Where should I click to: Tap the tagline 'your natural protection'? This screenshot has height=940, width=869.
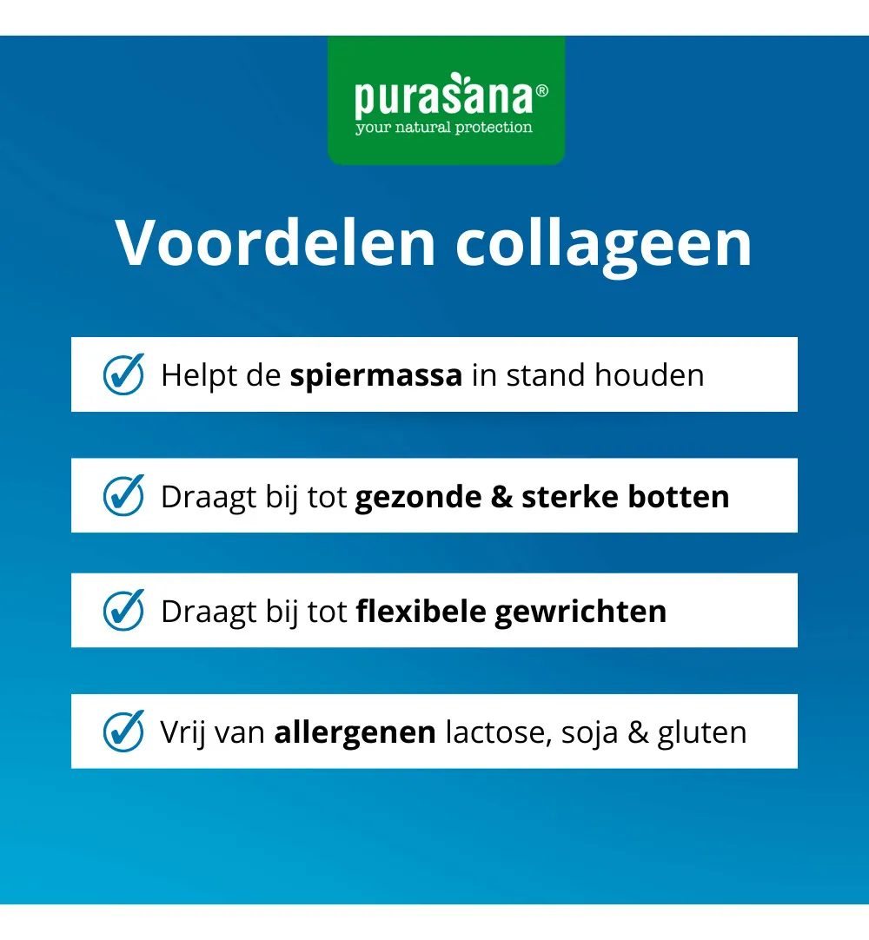coord(443,128)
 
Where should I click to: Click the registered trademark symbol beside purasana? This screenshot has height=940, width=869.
coord(542,90)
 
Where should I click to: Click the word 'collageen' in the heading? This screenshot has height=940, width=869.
coord(604,245)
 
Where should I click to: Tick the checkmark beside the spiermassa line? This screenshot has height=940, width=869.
coord(124,374)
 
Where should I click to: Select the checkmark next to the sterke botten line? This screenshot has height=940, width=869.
coord(124,495)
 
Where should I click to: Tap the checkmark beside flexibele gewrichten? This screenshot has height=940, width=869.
coord(124,610)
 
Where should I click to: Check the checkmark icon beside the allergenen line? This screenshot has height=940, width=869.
coord(124,731)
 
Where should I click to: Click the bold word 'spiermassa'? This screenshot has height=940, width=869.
coord(376,376)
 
